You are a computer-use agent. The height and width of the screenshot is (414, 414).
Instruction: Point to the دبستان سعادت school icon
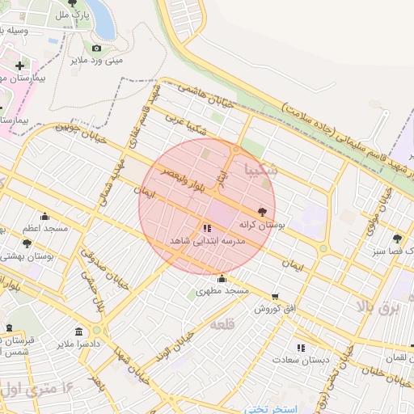coord(301,348)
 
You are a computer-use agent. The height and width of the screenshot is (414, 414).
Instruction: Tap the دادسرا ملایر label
coord(78,344)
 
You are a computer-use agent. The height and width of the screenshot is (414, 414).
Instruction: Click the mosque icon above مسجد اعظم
coord(44,217)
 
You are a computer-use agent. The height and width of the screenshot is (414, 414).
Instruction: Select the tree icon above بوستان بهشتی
coord(27,243)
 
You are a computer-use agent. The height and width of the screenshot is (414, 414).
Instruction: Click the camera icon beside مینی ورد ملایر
coord(96,48)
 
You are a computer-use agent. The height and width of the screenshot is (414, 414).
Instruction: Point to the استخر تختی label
coord(272,408)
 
